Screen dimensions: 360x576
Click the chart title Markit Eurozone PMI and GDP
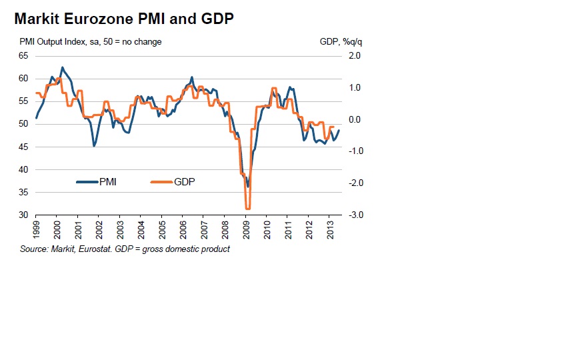click(x=123, y=20)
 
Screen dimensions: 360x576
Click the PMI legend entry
click(x=107, y=181)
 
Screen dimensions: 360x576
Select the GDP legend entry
click(x=184, y=181)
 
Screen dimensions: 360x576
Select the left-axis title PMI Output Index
click(x=57, y=42)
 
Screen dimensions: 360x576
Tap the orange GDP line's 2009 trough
click(x=247, y=209)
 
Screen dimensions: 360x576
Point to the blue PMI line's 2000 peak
click(x=63, y=67)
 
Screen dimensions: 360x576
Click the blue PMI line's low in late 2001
click(x=94, y=145)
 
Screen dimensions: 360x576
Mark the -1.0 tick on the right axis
click(x=354, y=151)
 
